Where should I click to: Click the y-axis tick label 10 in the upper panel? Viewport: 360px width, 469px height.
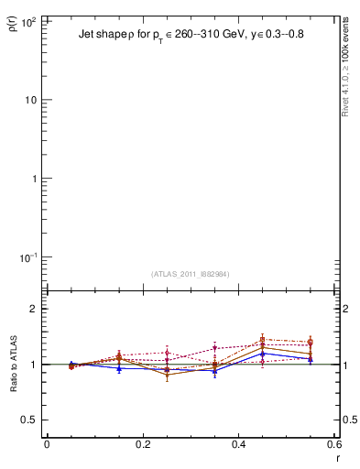(x=30, y=99)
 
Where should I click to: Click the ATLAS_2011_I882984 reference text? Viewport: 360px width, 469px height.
(x=189, y=274)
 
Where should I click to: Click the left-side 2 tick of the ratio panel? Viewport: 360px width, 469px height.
(x=34, y=309)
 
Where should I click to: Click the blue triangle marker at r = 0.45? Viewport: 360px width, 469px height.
(x=263, y=354)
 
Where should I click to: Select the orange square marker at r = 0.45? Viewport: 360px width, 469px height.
(x=263, y=339)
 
